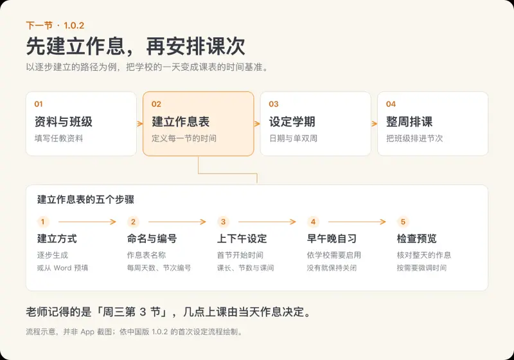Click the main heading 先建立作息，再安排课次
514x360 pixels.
point(136,46)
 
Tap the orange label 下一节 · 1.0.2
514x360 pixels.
point(55,26)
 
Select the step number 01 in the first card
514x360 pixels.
point(39,104)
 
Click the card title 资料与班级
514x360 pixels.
point(64,122)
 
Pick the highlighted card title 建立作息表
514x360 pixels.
point(181,122)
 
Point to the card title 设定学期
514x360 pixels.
point(292,122)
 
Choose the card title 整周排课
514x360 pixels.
point(409,122)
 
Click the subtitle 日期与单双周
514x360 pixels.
point(294,138)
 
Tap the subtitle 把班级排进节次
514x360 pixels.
point(414,138)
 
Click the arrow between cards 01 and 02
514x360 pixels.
point(140,123)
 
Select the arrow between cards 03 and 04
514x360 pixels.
point(375,123)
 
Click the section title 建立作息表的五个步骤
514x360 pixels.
point(86,199)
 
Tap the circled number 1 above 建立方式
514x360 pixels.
point(42,222)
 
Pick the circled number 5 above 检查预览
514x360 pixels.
point(403,222)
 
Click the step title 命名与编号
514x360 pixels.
point(152,239)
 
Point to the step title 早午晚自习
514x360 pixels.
point(332,239)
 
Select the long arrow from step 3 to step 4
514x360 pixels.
point(267,222)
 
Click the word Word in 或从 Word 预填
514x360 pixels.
point(62,268)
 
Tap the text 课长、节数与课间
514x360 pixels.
point(245,268)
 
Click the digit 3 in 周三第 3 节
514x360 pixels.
point(143,312)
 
